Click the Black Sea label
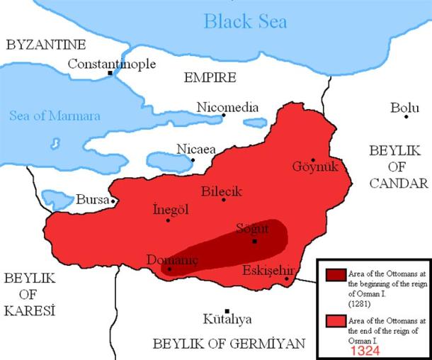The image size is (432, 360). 245,21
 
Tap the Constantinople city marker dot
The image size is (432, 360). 110,73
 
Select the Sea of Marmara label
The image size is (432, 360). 55,116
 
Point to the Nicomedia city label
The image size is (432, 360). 227,106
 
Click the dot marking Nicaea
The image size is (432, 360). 193,159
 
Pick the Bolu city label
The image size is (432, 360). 404,108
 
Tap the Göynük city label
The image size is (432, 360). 316,167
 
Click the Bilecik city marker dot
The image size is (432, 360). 224,199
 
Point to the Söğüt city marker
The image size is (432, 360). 254,241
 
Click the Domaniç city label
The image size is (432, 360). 172,259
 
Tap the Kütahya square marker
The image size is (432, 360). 227,311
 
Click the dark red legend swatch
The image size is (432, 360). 335,275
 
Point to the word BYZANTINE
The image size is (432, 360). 46,45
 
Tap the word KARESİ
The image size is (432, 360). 30,310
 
